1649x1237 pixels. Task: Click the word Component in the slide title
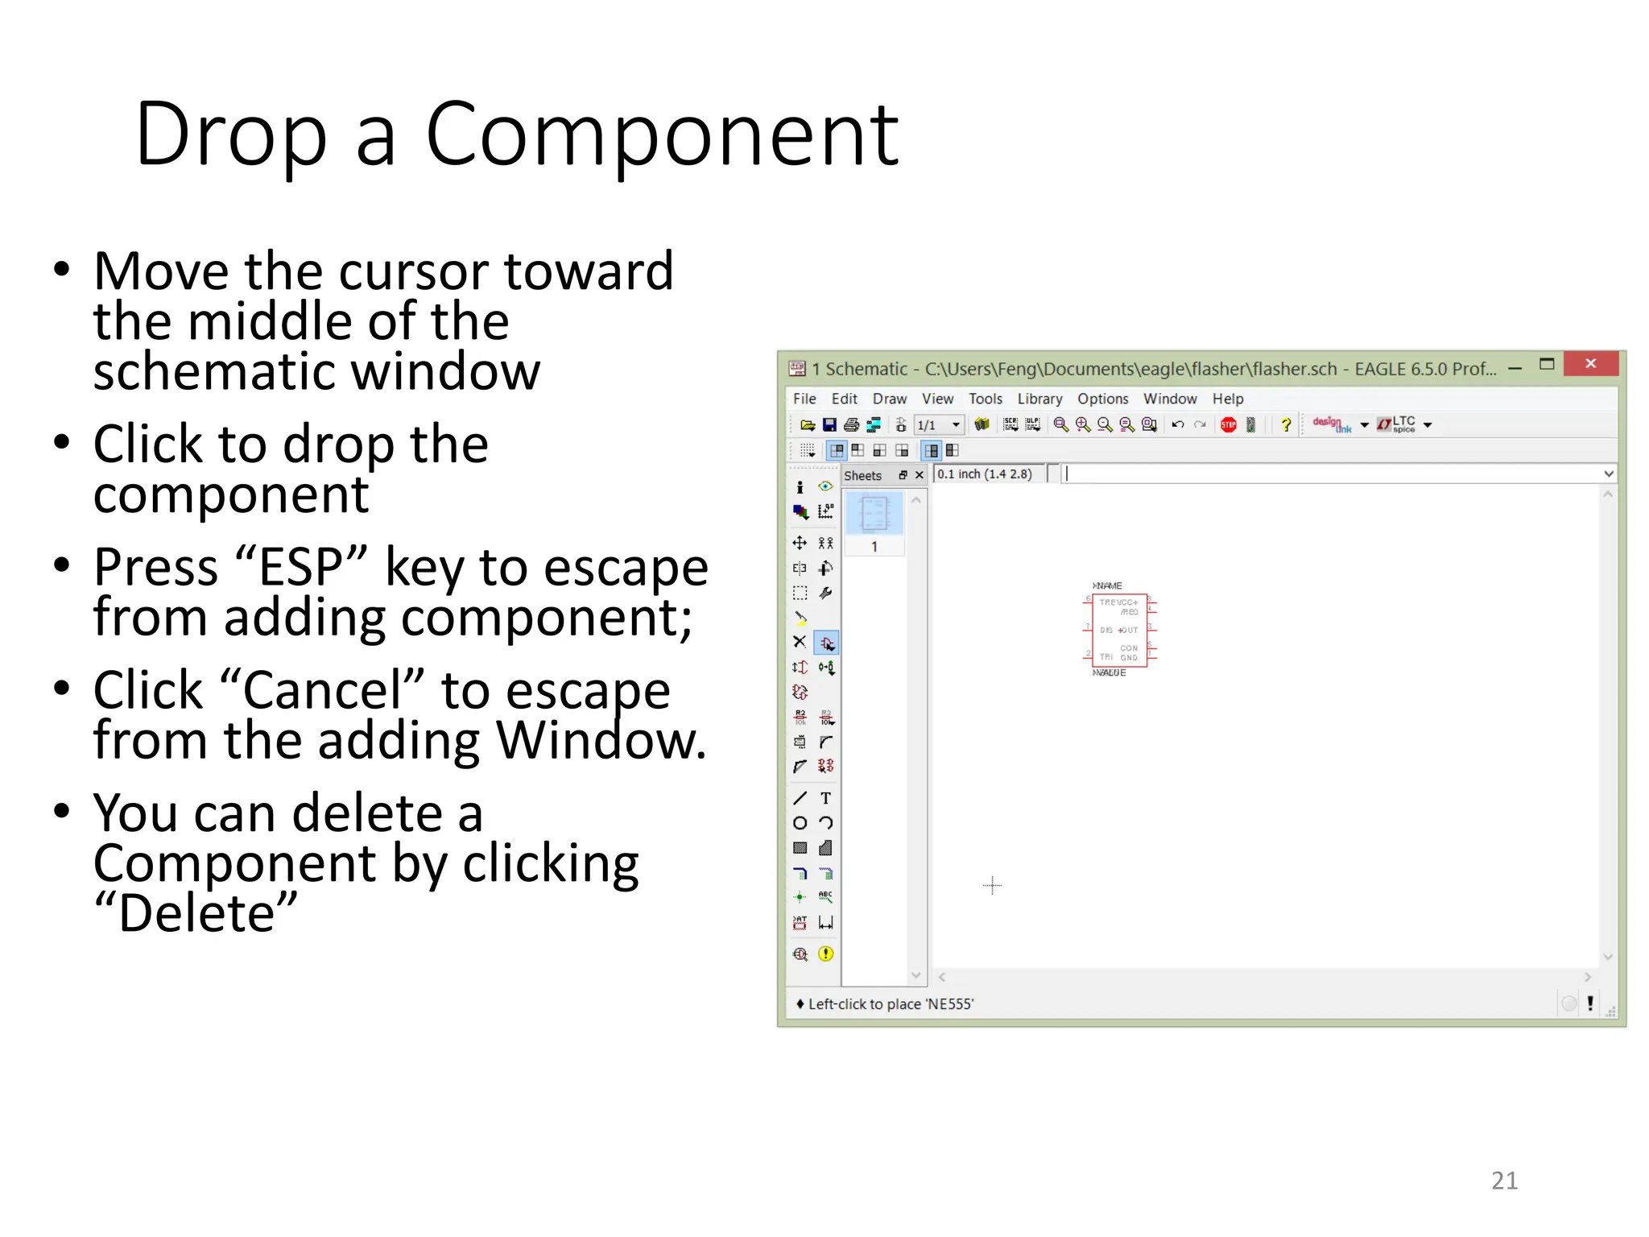click(x=661, y=135)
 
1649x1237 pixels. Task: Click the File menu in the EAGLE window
click(x=804, y=399)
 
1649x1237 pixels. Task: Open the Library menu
click(x=1039, y=399)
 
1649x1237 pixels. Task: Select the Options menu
click(x=1102, y=399)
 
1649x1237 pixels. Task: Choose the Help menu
click(x=1227, y=399)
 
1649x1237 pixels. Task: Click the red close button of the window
click(x=1590, y=364)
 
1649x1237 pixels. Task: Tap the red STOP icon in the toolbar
click(x=1228, y=425)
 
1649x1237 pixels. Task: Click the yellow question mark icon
click(x=1286, y=425)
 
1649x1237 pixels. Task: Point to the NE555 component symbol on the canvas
click(x=1118, y=630)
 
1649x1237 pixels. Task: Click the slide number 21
click(x=1504, y=1181)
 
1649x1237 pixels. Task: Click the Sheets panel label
click(x=862, y=476)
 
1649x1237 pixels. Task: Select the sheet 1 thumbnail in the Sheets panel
click(x=874, y=515)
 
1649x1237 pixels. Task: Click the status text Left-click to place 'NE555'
click(x=891, y=1004)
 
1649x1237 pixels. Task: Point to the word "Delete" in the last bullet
click(x=196, y=914)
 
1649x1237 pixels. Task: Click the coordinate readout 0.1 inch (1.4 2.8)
click(x=984, y=474)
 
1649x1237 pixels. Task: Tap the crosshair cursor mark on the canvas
click(x=992, y=886)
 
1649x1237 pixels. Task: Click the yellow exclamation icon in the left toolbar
click(x=825, y=954)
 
